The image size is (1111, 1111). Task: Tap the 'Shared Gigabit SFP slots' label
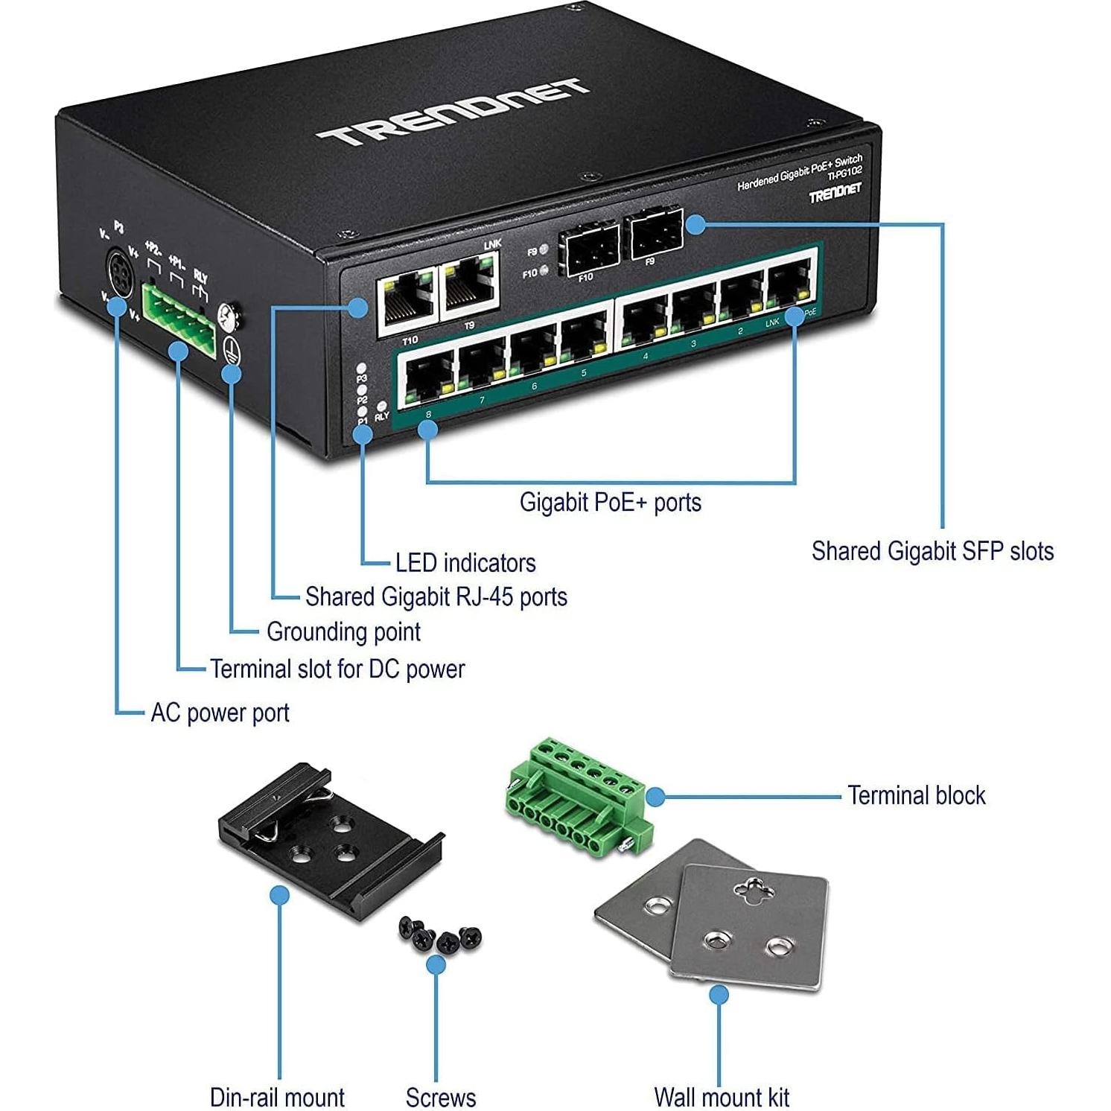coord(932,551)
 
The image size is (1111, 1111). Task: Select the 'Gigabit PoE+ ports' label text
coord(610,503)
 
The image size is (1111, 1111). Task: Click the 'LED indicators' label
coord(465,563)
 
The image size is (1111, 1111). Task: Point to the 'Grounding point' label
coord(343,632)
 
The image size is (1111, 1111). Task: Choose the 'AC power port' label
coord(220,713)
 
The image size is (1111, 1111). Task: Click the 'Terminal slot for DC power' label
coord(337,669)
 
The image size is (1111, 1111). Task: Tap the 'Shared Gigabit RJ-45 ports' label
coord(436,596)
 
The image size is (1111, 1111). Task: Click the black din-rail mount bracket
coord(328,838)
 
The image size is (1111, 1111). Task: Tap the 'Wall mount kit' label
coord(721,1097)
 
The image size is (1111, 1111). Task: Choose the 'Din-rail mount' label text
coord(277,1097)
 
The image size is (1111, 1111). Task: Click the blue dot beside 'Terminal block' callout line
coord(655,797)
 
